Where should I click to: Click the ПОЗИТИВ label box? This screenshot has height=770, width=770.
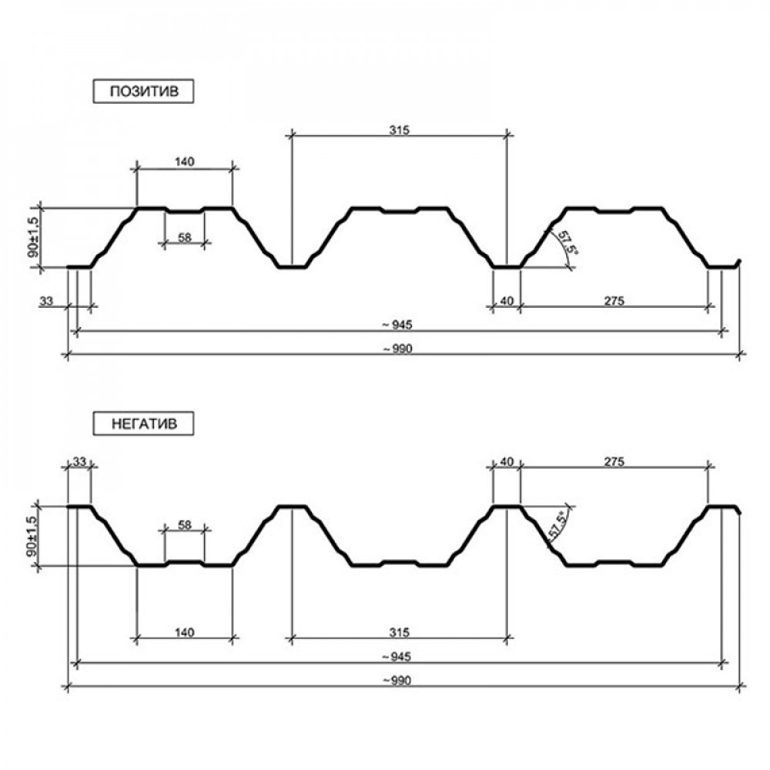coord(143,92)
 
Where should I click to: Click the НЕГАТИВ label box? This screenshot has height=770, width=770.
coord(143,423)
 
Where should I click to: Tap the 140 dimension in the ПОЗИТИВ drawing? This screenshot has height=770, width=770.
coord(185,162)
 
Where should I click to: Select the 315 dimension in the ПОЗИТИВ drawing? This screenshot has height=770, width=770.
coord(399,130)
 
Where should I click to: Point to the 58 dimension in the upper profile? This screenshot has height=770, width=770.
coord(185,238)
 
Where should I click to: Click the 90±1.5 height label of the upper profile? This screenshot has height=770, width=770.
coord(33,238)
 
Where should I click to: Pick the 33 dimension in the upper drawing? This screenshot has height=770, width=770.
coord(45,300)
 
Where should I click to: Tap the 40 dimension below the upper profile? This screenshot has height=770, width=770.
coord(507,300)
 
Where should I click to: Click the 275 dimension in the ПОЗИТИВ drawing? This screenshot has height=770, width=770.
coord(614,300)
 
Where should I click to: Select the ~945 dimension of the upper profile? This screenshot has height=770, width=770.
coord(397,325)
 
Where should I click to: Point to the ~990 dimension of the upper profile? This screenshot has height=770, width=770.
coord(397,349)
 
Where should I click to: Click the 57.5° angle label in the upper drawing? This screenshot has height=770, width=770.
coord(567,242)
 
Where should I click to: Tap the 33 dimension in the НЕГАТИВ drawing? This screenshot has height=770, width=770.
coord(79,461)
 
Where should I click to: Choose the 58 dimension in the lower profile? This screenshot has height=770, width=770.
coord(185,525)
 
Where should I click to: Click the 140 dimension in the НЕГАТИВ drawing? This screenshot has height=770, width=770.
coord(185,632)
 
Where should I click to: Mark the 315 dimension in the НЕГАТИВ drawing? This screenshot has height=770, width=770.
coord(399,632)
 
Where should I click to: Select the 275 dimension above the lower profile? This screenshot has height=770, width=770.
coord(614,461)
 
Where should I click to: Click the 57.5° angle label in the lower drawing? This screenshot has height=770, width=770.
coord(557,525)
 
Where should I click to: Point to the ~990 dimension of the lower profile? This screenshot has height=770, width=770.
coord(397,681)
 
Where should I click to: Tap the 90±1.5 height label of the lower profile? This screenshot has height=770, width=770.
coord(33,536)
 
